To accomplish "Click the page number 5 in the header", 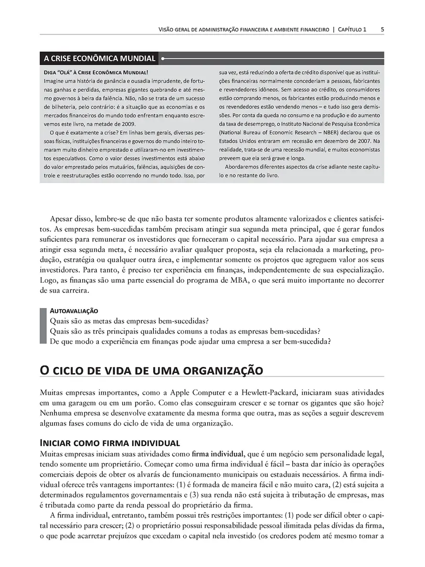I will (x=382, y=30).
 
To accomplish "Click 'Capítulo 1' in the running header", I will (x=352, y=30).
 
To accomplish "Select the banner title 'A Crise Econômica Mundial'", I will (x=99, y=59).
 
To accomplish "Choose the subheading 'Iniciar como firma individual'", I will (x=110, y=442).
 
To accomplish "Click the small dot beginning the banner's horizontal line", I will (x=163, y=59).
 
